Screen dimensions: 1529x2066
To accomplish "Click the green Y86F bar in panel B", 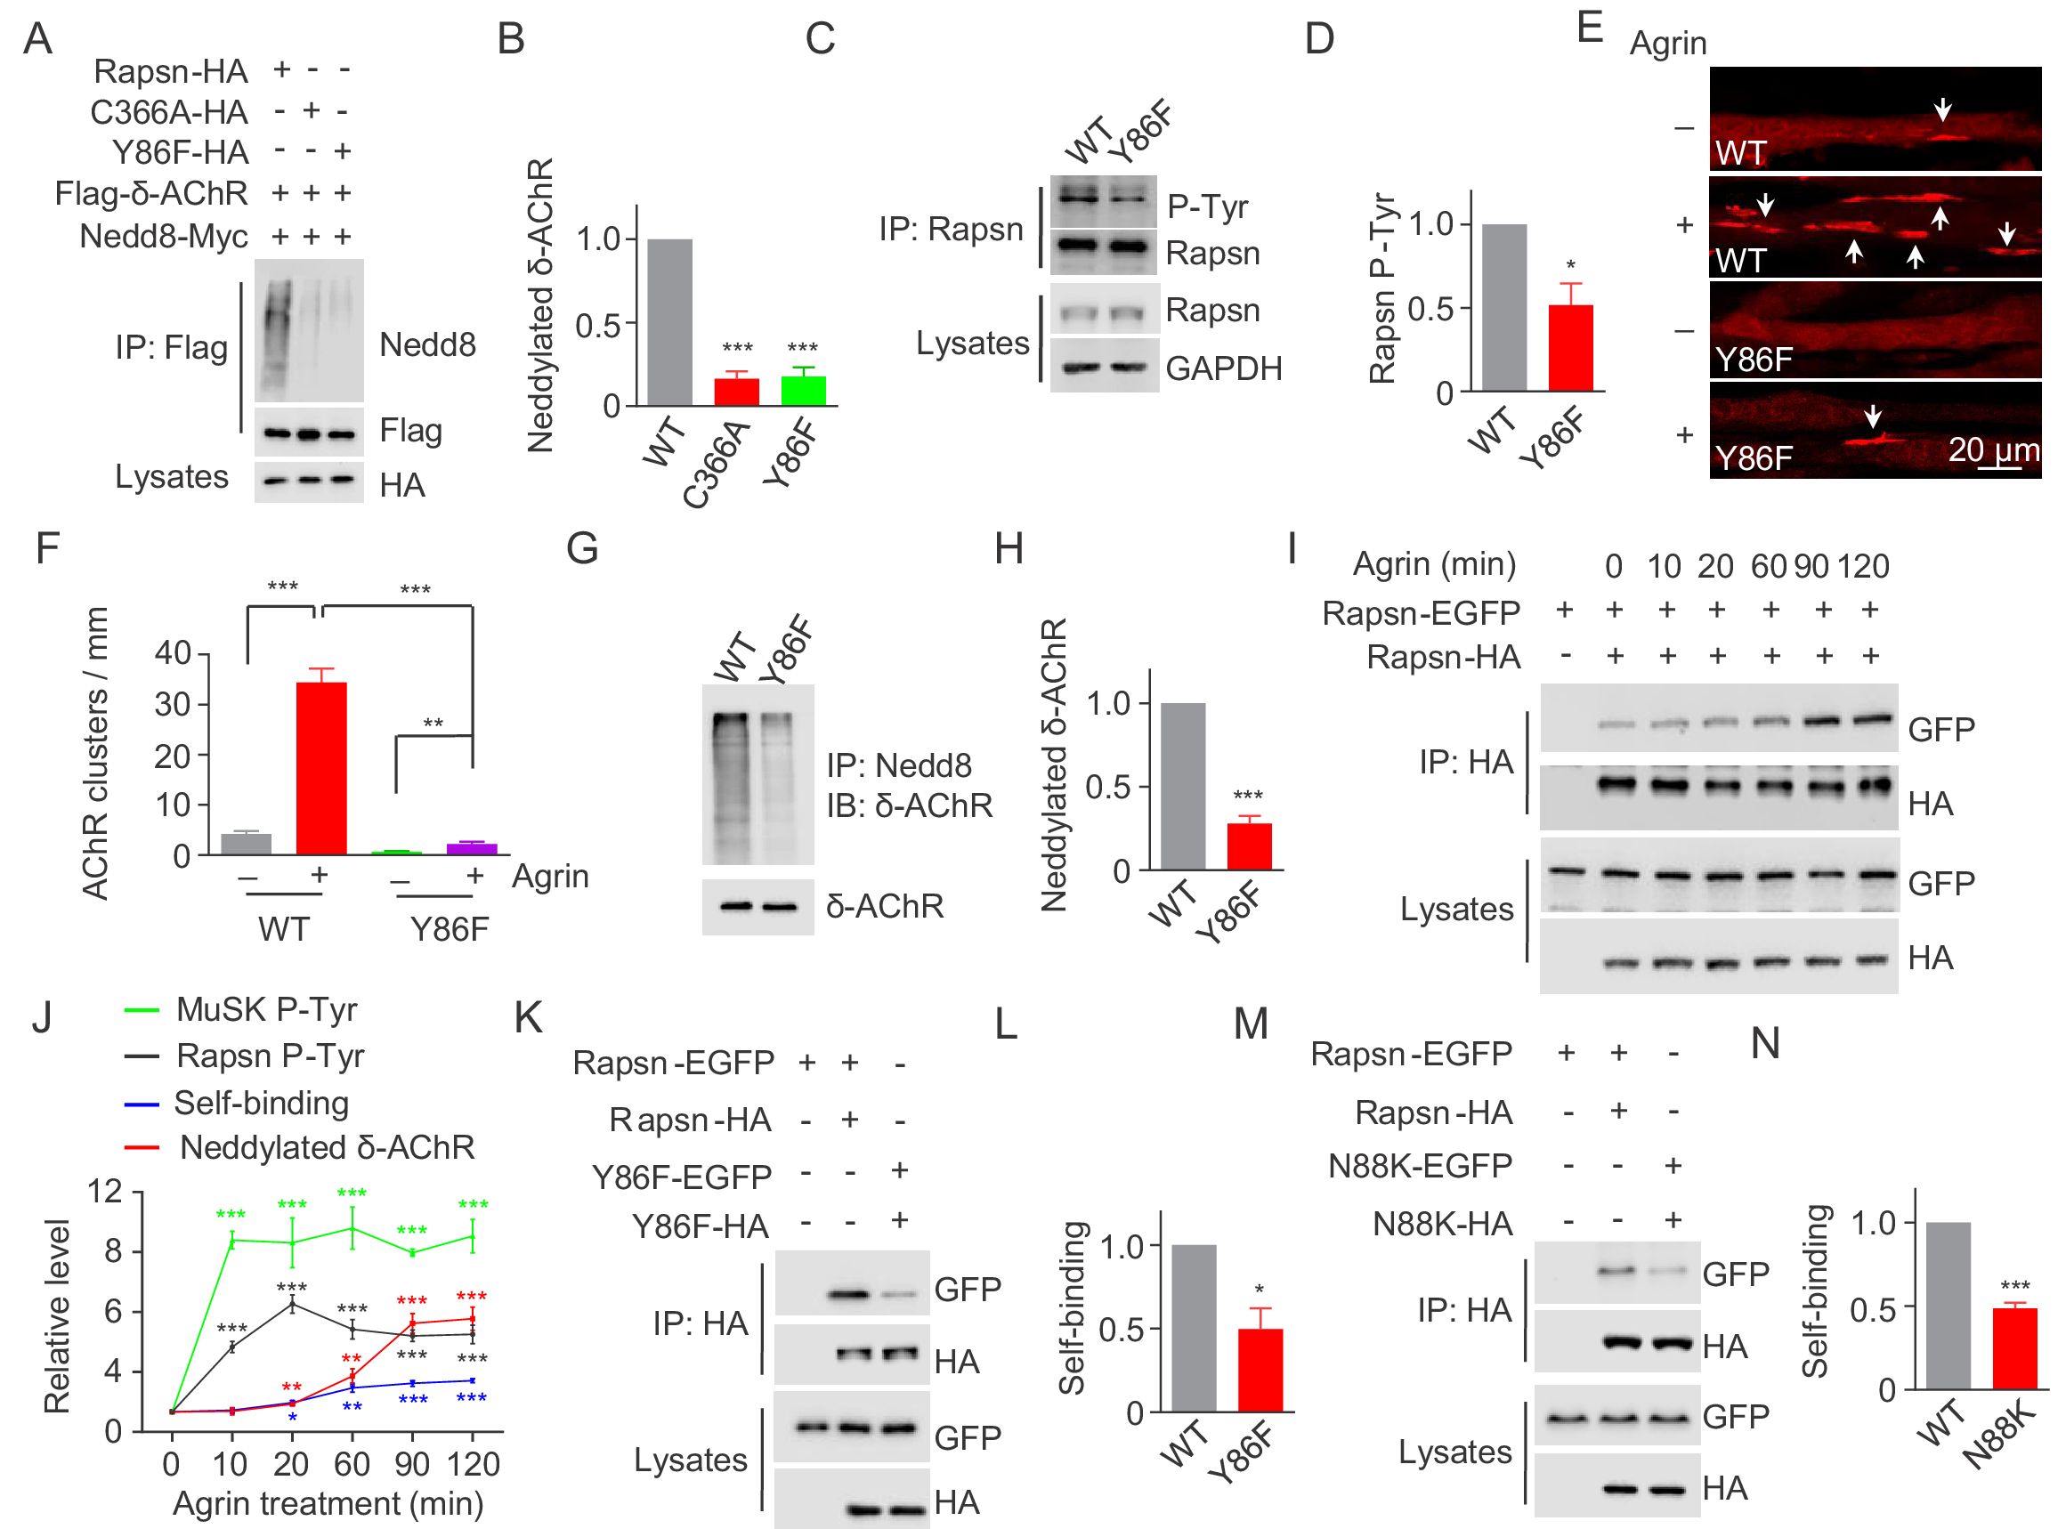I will [x=803, y=391].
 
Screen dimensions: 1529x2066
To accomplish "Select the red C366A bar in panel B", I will [x=737, y=392].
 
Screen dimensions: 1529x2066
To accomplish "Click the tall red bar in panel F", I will [x=321, y=768].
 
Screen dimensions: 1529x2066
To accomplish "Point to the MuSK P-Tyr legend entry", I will [x=266, y=1010].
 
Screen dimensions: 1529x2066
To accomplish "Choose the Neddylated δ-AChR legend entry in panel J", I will [x=326, y=1148].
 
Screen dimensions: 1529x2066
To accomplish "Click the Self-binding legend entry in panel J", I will [x=261, y=1104].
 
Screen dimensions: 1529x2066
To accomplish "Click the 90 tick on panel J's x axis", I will [x=412, y=1464].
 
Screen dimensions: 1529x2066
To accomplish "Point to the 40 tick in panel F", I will [x=172, y=653].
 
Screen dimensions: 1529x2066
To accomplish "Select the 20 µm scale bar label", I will [x=1993, y=450].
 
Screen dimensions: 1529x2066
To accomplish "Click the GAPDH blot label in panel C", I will [x=1224, y=368].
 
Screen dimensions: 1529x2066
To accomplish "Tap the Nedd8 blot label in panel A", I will [x=427, y=345].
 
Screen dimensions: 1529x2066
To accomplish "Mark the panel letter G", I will [x=582, y=549].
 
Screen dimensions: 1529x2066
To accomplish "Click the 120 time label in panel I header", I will [x=1863, y=565].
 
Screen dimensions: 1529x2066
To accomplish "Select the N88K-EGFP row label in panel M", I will [x=1420, y=1166].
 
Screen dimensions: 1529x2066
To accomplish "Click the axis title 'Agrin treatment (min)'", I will [x=328, y=1503].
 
